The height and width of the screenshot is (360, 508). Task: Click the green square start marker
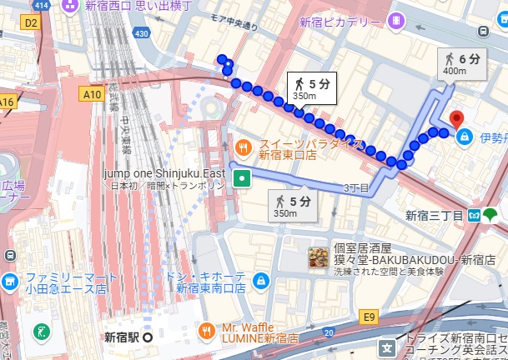click(242, 177)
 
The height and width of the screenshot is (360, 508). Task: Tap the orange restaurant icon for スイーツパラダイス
click(242, 147)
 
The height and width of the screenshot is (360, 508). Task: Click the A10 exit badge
click(92, 95)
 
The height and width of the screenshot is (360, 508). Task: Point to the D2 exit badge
click(32, 22)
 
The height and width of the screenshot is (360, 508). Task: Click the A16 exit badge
click(8, 101)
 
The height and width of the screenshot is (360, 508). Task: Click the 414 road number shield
click(42, 6)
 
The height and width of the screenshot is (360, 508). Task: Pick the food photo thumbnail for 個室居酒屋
click(317, 258)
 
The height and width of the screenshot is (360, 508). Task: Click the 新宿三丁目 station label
click(434, 215)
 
